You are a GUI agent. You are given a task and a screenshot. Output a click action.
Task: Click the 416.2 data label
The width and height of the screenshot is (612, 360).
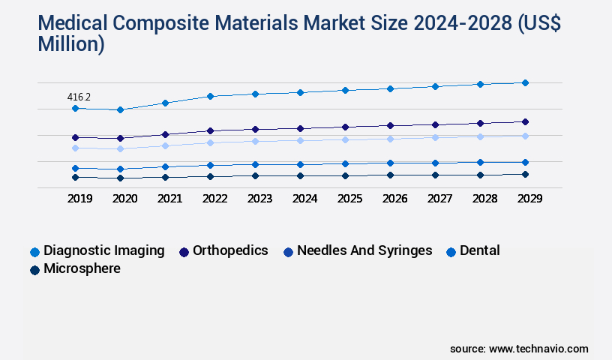(79, 97)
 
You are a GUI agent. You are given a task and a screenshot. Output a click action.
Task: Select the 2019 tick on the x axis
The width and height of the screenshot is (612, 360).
(79, 199)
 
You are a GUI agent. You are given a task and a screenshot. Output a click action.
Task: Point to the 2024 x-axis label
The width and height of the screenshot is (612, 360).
(304, 199)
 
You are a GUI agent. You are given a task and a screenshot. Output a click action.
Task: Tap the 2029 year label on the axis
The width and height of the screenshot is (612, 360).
(529, 199)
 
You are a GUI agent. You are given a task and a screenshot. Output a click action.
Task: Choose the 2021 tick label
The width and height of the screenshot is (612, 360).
(169, 199)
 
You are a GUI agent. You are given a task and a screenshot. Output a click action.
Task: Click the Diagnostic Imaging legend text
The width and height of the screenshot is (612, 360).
(103, 250)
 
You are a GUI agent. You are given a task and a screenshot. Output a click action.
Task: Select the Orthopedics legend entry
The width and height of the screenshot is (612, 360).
(230, 250)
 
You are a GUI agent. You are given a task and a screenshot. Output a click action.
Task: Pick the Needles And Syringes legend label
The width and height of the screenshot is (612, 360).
(364, 250)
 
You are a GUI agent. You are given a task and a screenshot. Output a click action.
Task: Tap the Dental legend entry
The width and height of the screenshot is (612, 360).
(479, 250)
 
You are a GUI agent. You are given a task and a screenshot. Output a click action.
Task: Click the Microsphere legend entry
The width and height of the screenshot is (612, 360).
(82, 268)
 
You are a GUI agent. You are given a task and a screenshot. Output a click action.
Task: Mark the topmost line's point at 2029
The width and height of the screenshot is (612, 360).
(525, 82)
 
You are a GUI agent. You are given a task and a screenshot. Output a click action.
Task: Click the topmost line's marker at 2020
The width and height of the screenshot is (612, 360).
(120, 109)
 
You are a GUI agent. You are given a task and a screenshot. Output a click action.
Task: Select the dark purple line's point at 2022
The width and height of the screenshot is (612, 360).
(210, 130)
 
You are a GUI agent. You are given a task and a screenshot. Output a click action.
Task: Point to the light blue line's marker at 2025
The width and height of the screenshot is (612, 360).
(345, 139)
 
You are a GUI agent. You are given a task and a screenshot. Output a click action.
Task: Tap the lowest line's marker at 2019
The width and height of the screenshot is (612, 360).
(75, 177)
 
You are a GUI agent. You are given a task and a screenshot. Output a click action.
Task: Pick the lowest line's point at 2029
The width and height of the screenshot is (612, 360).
(525, 174)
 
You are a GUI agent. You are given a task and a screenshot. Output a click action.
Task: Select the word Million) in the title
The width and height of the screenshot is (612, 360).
(70, 44)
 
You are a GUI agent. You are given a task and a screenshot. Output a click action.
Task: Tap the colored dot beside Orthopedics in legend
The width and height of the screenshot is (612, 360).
(184, 251)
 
